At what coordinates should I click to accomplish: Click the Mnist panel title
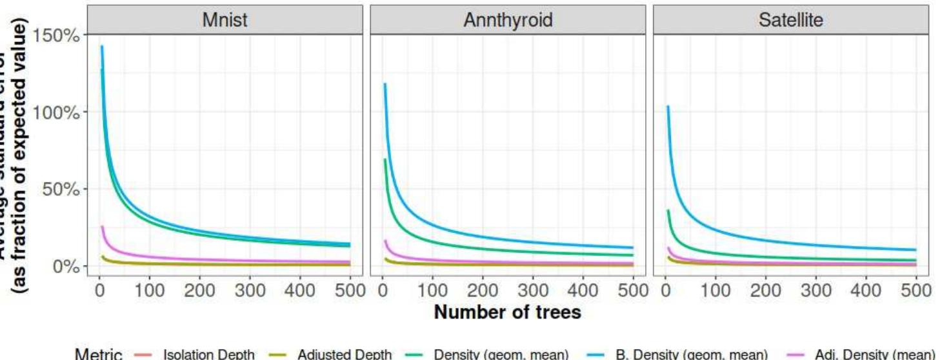tap(225, 20)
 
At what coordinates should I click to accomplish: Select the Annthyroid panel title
tap(508, 20)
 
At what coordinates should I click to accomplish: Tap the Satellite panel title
tap(792, 20)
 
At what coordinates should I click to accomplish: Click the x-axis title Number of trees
tap(508, 312)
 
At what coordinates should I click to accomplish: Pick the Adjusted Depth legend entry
tap(344, 354)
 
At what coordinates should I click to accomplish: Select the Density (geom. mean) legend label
tap(501, 354)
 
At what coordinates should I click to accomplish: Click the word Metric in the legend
tap(99, 354)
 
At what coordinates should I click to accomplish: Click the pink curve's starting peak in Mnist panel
tap(102, 227)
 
